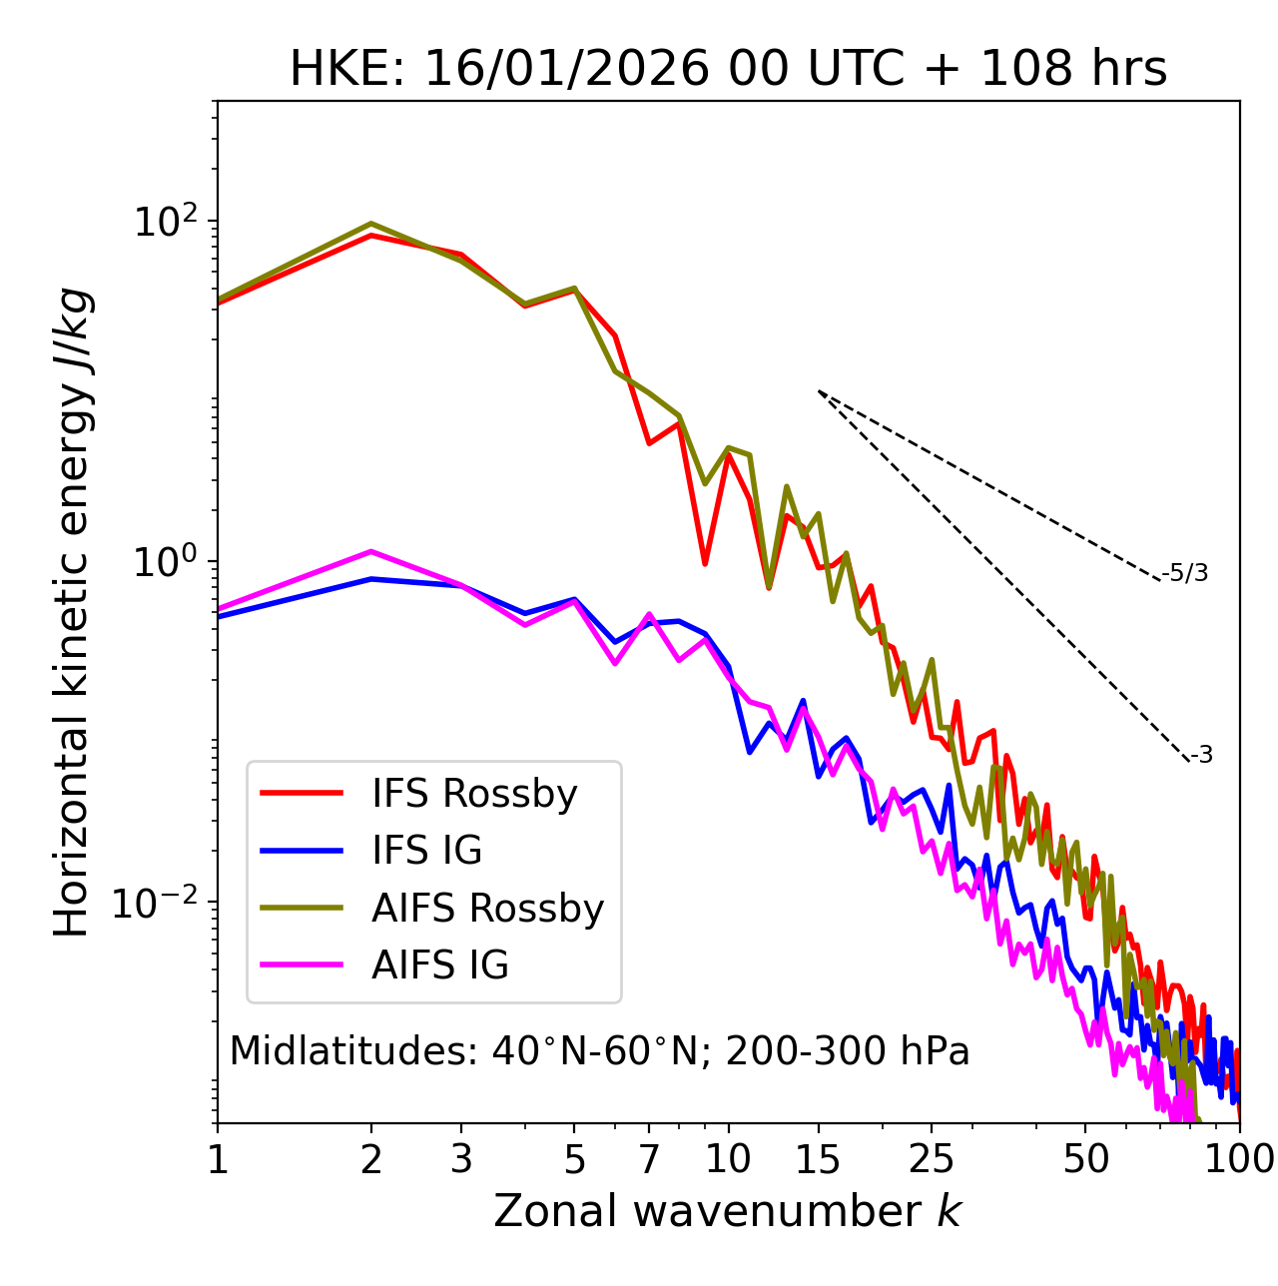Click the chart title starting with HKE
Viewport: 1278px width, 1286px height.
point(728,69)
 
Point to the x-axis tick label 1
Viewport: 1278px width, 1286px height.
point(218,1159)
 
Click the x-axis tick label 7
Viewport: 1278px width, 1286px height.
point(650,1159)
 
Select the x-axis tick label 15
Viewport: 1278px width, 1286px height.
point(818,1159)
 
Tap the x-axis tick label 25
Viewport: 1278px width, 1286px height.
point(932,1159)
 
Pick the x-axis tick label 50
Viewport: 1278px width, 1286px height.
point(1085,1159)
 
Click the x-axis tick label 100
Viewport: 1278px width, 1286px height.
point(1238,1159)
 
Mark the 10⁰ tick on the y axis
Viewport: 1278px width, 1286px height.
point(166,561)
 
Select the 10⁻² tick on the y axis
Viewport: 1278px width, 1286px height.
point(160,903)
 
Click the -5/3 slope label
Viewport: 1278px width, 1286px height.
point(1185,574)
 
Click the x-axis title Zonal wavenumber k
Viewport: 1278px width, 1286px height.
point(728,1212)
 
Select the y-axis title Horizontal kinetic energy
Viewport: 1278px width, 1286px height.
point(72,613)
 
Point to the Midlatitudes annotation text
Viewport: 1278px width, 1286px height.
point(599,1051)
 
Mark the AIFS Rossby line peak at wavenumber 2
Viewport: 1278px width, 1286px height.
point(371,224)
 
